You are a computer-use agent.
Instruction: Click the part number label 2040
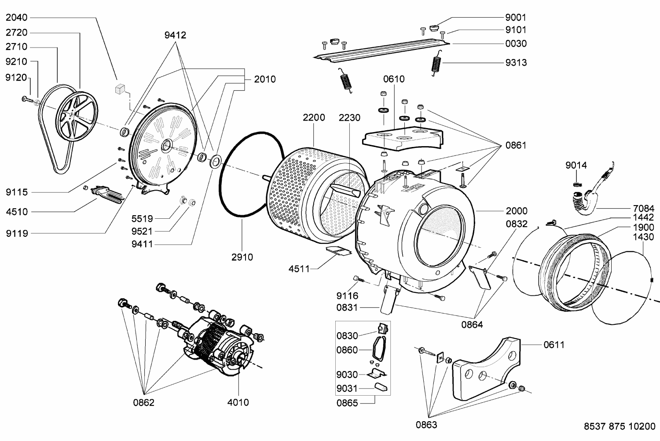(17, 18)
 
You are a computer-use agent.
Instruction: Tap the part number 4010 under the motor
(238, 402)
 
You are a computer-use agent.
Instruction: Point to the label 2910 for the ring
(242, 257)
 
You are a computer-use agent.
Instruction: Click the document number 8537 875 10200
(620, 426)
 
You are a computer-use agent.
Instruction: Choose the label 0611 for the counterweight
(554, 345)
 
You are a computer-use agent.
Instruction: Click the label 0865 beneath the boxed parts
(347, 403)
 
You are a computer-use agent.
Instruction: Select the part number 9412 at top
(176, 35)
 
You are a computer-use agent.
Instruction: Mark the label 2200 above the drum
(314, 118)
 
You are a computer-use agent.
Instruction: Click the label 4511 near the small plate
(299, 269)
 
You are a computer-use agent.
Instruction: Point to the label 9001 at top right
(516, 18)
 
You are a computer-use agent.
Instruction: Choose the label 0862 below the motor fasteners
(144, 403)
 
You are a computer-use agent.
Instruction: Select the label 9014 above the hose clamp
(576, 165)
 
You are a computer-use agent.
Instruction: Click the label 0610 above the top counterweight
(393, 79)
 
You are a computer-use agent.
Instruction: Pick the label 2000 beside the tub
(517, 211)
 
